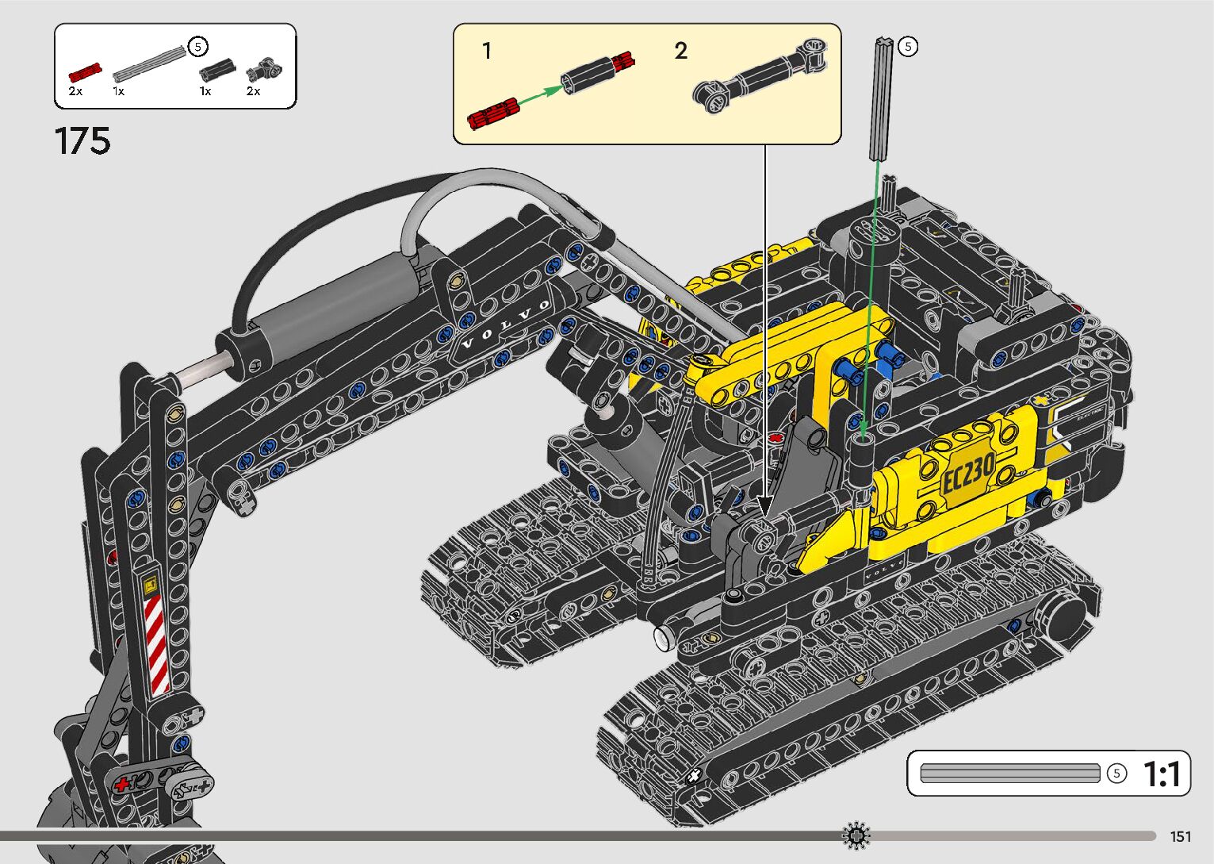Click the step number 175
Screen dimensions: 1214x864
(82, 141)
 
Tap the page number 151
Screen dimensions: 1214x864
(1181, 836)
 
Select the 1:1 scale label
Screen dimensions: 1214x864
(1162, 774)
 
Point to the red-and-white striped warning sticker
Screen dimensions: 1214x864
(157, 644)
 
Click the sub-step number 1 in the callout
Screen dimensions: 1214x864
(487, 51)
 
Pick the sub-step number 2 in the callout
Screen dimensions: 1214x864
(680, 51)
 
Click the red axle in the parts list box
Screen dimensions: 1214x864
(86, 72)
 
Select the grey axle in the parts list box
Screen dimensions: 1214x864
(150, 63)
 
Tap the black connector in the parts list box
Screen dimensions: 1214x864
(218, 70)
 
